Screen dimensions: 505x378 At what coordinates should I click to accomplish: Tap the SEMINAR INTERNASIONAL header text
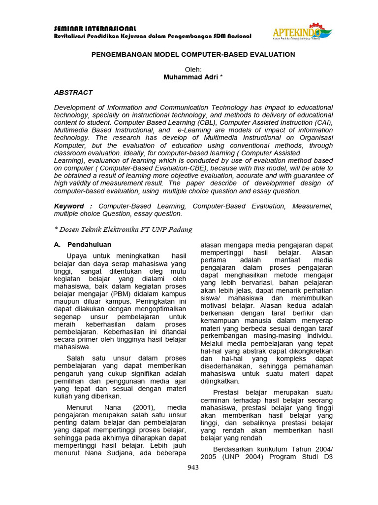95,29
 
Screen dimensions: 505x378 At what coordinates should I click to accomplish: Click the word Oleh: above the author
193,70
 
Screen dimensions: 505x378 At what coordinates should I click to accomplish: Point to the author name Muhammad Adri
193,77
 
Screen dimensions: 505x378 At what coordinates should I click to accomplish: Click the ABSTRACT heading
73,93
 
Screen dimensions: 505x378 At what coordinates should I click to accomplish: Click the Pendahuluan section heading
89,245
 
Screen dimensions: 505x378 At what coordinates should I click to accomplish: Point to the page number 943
193,468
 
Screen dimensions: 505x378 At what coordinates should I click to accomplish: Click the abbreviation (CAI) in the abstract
322,122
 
